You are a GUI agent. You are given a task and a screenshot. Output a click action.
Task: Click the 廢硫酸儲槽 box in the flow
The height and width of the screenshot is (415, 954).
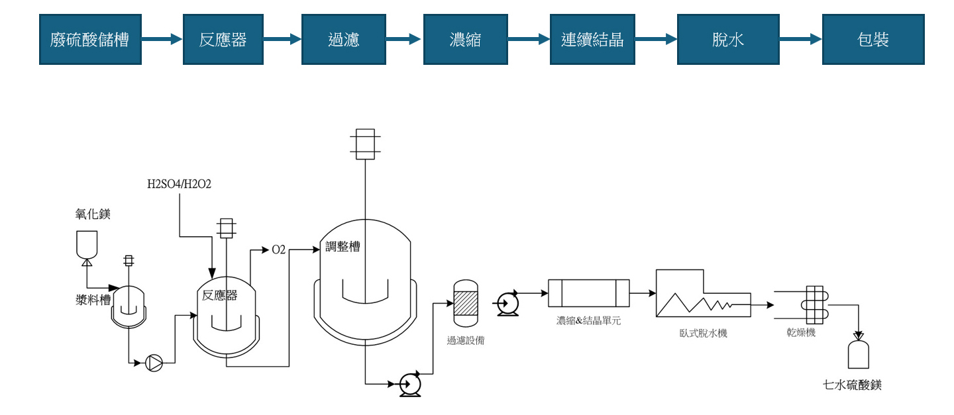89,40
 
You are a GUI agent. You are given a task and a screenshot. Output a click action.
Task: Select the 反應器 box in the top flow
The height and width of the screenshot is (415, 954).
223,40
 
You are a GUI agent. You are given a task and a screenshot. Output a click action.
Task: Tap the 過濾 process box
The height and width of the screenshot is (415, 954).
344,40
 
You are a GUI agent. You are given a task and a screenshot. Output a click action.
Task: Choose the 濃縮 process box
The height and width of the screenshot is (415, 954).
465,40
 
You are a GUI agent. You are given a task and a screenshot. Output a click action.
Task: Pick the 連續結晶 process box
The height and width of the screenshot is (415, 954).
592,40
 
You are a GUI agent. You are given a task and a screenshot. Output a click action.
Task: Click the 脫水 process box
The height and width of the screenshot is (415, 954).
728,40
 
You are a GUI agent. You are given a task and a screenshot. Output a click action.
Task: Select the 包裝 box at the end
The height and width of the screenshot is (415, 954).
873,40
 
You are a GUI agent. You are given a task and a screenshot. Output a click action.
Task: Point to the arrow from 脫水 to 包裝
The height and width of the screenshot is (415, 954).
800,40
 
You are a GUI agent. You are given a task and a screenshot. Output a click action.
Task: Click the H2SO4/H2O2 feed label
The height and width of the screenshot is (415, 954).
179,183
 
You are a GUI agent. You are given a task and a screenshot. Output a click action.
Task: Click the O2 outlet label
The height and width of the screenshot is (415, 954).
278,250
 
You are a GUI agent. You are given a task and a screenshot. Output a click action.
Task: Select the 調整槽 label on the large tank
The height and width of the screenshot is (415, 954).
343,247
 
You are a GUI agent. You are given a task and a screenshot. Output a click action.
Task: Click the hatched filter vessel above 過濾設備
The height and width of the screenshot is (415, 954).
465,303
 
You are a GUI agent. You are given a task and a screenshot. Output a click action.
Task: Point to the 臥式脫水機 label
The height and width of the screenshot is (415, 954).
703,334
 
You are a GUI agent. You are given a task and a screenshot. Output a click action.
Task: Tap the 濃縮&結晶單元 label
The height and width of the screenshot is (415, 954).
588,321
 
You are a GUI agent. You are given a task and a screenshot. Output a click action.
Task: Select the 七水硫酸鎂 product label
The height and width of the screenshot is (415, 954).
853,385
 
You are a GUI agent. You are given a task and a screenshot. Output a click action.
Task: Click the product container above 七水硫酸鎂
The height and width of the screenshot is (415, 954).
858,354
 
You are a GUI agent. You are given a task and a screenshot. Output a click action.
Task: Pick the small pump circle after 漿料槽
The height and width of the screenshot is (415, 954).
154,363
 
